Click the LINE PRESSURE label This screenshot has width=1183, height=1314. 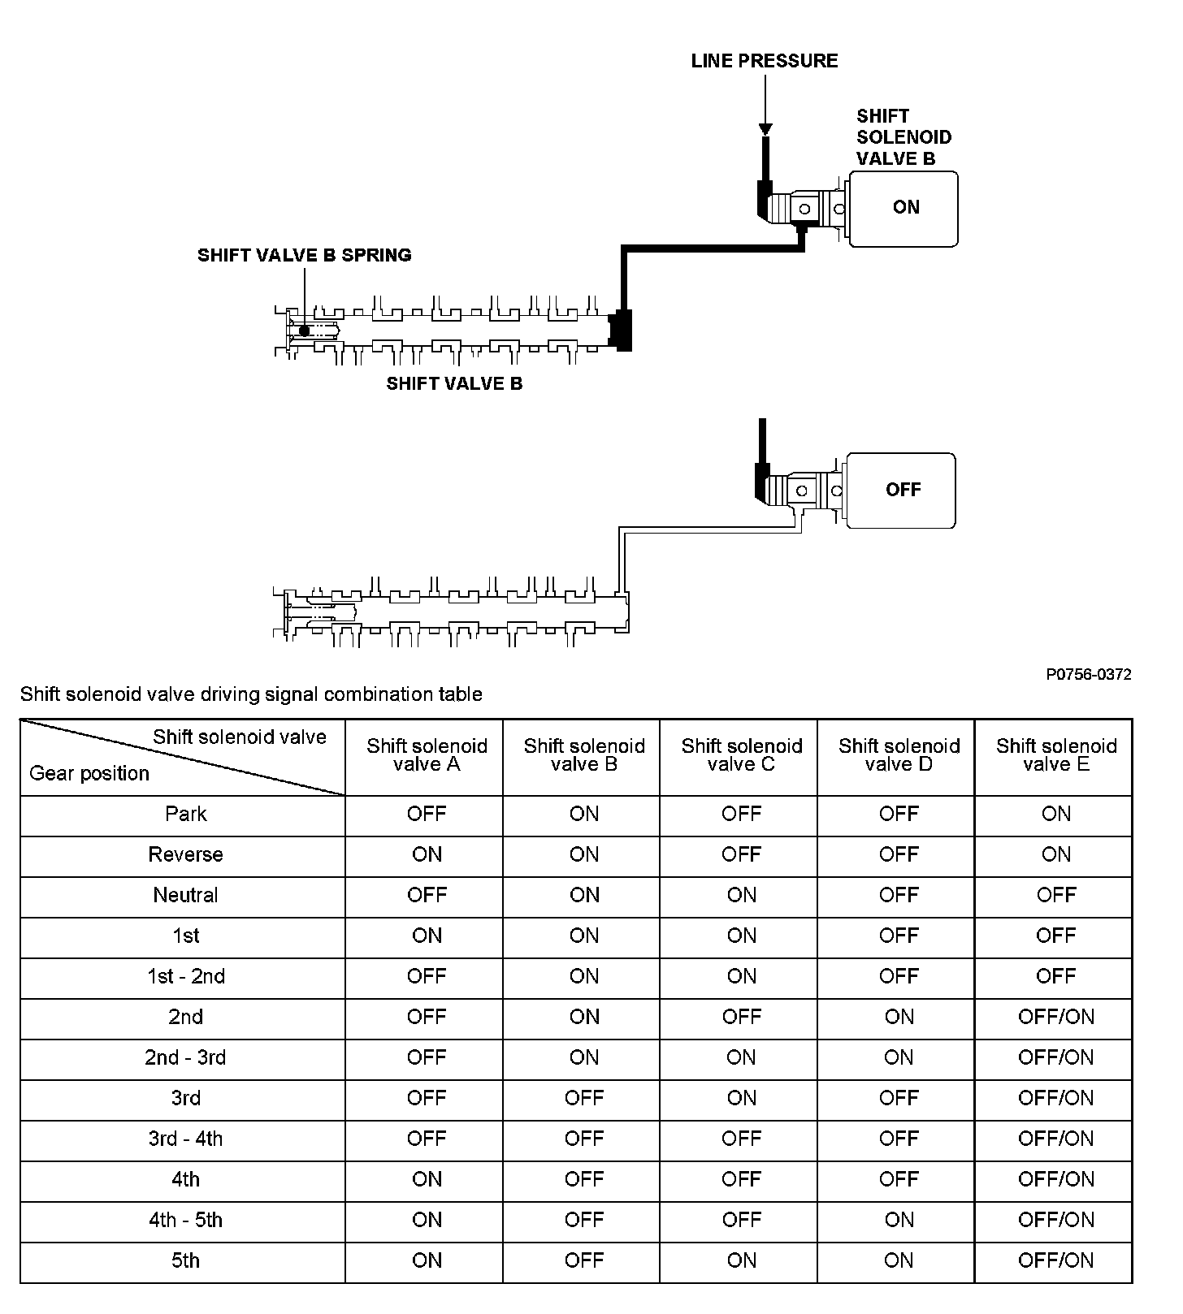click(x=764, y=61)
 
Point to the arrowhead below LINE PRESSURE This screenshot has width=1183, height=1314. click(x=765, y=129)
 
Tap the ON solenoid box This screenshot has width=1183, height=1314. click(x=904, y=208)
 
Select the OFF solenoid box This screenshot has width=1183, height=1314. click(x=902, y=491)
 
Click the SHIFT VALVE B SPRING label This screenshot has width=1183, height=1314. click(x=304, y=255)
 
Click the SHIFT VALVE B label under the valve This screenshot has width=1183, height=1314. click(x=454, y=383)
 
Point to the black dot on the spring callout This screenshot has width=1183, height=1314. click(x=304, y=331)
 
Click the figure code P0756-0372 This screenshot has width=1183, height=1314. click(x=1088, y=674)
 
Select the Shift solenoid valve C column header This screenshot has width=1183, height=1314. click(x=741, y=755)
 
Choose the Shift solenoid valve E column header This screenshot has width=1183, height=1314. click(x=1055, y=755)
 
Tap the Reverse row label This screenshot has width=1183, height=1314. click(x=185, y=854)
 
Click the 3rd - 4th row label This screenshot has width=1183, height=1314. click(x=185, y=1139)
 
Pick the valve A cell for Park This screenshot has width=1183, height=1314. click(x=427, y=814)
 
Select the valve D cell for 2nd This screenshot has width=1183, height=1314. click(x=899, y=1017)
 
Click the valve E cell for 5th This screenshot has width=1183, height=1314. click(x=1055, y=1260)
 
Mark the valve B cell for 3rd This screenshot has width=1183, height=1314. click(x=583, y=1098)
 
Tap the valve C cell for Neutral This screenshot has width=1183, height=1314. click(x=741, y=895)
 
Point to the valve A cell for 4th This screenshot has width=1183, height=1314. click(x=427, y=1179)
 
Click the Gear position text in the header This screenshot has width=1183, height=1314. click(x=89, y=773)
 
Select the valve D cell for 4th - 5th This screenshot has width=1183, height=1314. click(x=899, y=1220)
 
